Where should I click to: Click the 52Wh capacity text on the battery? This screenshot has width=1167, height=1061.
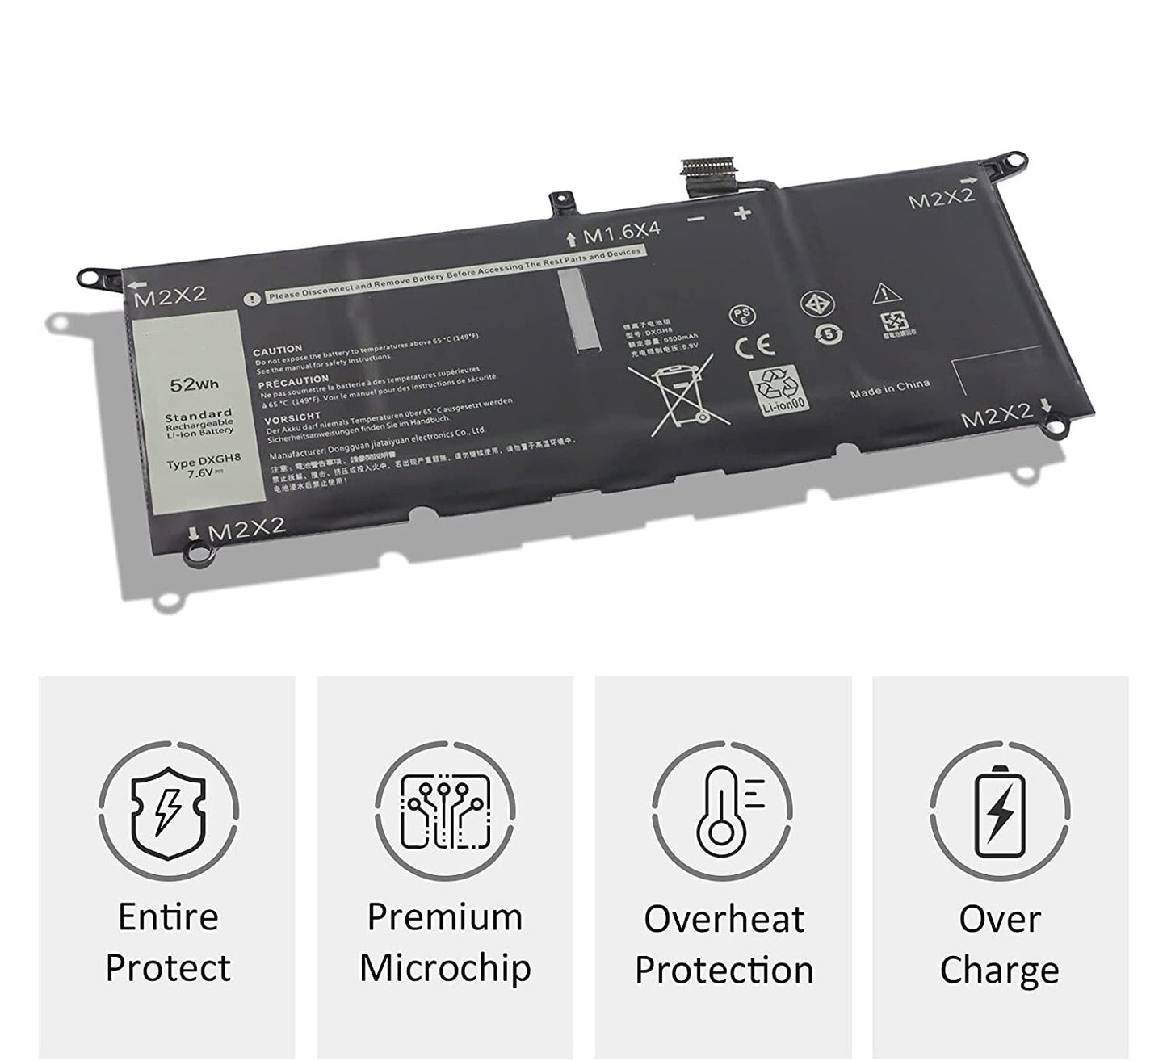[x=194, y=384]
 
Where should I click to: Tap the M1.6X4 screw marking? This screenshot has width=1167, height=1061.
[x=621, y=233]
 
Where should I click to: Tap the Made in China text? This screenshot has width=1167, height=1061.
[x=889, y=389]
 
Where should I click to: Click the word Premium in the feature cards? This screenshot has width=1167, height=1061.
[x=445, y=918]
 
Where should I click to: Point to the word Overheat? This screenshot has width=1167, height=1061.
[x=724, y=920]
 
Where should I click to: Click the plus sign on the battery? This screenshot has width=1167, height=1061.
[x=742, y=213]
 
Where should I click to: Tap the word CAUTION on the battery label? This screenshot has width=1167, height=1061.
[x=278, y=350]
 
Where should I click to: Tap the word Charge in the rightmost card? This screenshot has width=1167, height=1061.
[x=999, y=970]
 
